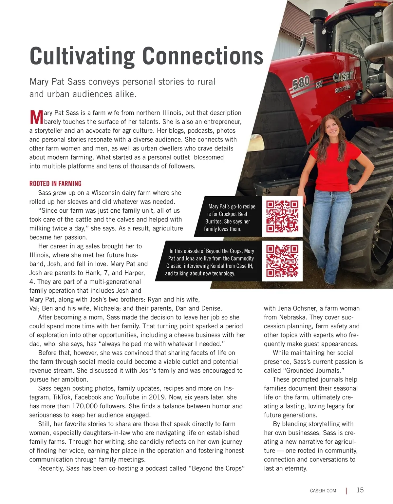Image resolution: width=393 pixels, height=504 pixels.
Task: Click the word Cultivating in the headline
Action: [82, 56]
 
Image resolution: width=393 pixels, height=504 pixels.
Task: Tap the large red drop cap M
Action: [36, 117]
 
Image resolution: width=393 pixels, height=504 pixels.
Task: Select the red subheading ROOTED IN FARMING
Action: [55, 184]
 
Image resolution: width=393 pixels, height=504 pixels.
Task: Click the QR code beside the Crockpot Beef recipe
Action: [282, 216]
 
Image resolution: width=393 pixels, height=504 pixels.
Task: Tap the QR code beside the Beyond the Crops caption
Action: [282, 261]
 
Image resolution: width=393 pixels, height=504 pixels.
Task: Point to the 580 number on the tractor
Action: [301, 83]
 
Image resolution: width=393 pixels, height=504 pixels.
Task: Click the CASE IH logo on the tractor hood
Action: [344, 77]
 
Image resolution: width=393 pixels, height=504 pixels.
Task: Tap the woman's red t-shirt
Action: [331, 164]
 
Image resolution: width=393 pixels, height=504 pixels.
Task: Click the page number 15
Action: [360, 490]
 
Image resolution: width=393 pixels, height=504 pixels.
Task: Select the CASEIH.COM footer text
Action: [323, 491]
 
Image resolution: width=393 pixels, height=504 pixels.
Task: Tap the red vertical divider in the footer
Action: [346, 491]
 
